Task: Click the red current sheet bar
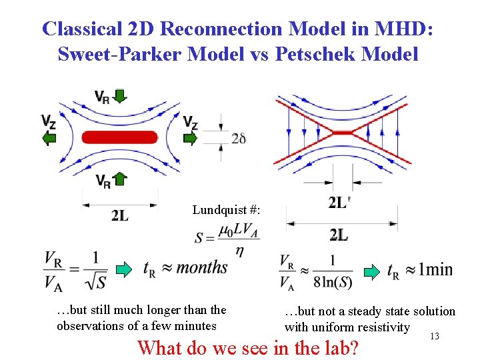pos(120,137)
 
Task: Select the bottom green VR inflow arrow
pos(119,179)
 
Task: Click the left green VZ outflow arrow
pos(49,138)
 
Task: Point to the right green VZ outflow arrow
pos(191,138)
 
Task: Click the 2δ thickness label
pos(239,138)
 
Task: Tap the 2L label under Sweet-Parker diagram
pos(120,215)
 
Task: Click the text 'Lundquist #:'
pos(226,210)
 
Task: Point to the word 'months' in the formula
pos(202,267)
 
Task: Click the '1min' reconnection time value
pos(429,270)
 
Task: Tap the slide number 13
pos(435,337)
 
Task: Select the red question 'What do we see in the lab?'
pos(247,347)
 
